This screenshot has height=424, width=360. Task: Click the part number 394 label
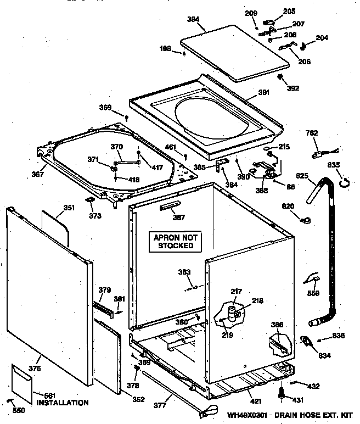pos(192,19)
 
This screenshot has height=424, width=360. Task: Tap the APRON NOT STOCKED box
pos(176,241)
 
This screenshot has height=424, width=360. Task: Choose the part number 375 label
pos(35,369)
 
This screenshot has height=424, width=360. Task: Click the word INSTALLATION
pos(62,403)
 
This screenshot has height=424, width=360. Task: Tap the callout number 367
pos(37,175)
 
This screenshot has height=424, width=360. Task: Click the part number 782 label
pos(312,133)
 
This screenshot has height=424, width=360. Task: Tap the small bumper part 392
pos(280,76)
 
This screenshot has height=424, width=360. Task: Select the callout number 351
pos(69,208)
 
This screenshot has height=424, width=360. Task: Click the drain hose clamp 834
pos(307,342)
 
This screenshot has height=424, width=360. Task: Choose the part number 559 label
pos(313,293)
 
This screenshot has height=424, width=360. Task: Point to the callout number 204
pos(322,38)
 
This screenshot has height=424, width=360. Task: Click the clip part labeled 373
pos(88,201)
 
